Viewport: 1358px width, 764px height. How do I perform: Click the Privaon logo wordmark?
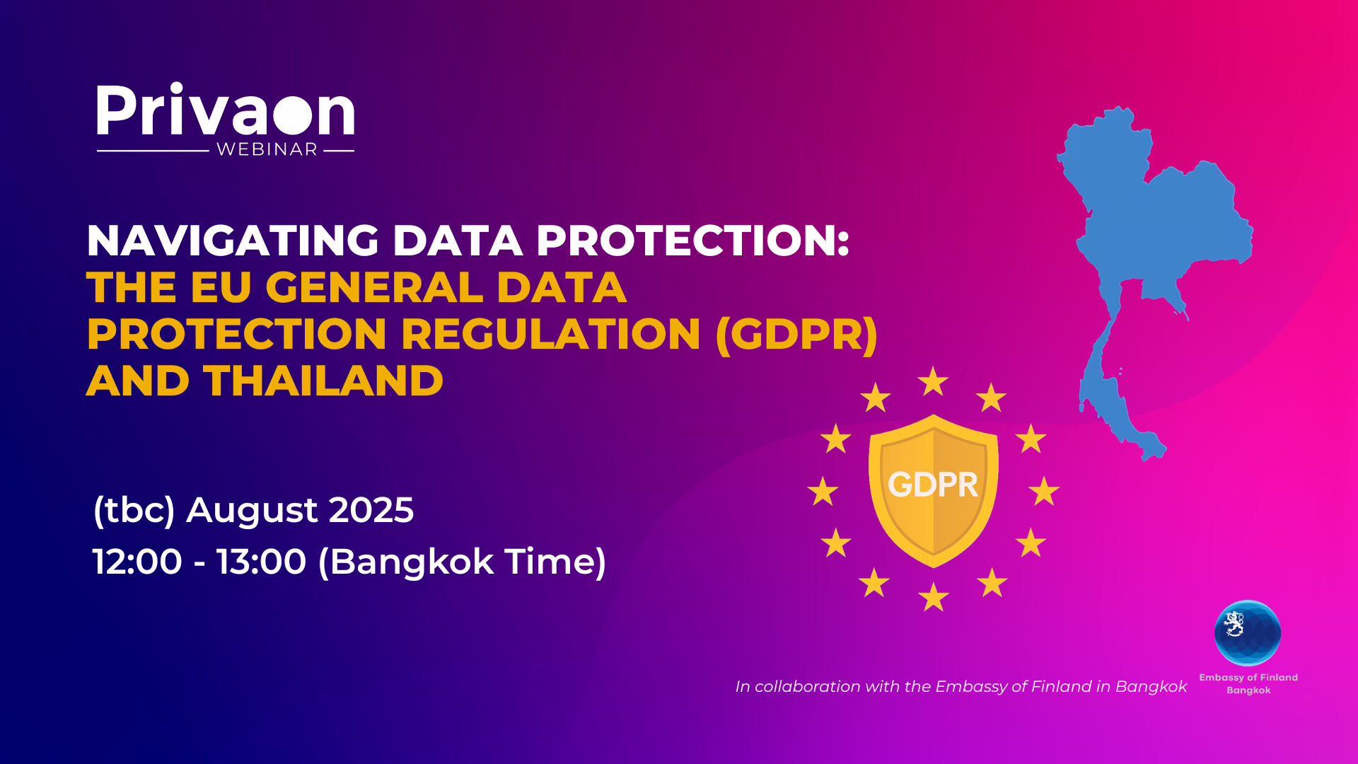[225, 110]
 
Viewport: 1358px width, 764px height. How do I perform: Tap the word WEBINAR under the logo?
[267, 150]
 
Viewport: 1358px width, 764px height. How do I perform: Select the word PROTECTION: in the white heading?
[692, 241]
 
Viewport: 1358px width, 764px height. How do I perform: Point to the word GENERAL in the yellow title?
[374, 287]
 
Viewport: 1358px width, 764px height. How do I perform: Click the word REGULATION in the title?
[552, 334]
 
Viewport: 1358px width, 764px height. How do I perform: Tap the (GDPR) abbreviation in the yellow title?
[796, 335]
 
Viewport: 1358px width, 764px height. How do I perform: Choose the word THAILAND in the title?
[323, 381]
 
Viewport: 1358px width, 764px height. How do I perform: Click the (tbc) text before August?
[134, 510]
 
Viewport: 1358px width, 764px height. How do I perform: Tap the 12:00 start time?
[137, 562]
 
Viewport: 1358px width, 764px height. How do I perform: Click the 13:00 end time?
[262, 562]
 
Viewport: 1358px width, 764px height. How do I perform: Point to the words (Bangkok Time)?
[462, 562]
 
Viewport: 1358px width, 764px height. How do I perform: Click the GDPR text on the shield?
[933, 485]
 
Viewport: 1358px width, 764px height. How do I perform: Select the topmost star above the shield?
[933, 381]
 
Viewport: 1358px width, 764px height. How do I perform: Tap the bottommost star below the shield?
[934, 596]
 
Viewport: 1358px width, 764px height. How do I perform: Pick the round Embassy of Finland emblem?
[1248, 633]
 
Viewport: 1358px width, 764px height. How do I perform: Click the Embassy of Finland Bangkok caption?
[1248, 683]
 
